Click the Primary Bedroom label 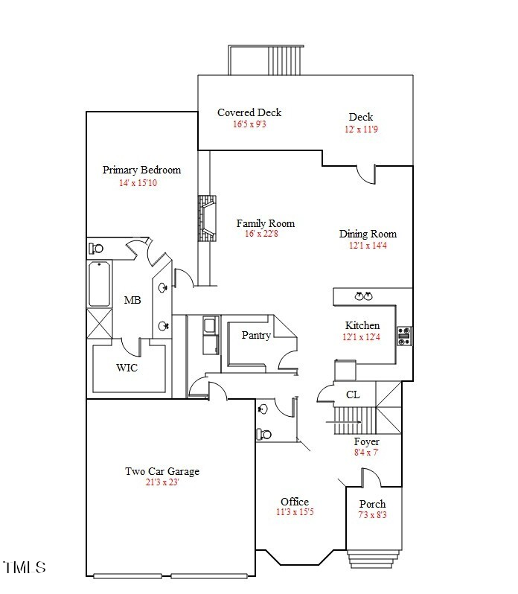pyautogui.click(x=141, y=170)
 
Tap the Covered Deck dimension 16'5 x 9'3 pyautogui.click(x=249, y=124)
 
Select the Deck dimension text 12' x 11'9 pyautogui.click(x=361, y=129)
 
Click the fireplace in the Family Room pyautogui.click(x=206, y=218)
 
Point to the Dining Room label pyautogui.click(x=368, y=234)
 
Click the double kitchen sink pyautogui.click(x=363, y=296)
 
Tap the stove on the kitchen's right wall pyautogui.click(x=404, y=336)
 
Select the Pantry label pyautogui.click(x=256, y=335)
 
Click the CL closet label pyautogui.click(x=353, y=395)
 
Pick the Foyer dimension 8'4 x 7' pyautogui.click(x=366, y=452)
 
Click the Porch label pyautogui.click(x=372, y=504)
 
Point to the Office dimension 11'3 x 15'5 pyautogui.click(x=295, y=512)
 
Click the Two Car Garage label pyautogui.click(x=162, y=471)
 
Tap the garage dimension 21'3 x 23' pyautogui.click(x=162, y=482)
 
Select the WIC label pyautogui.click(x=127, y=368)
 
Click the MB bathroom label pyautogui.click(x=132, y=300)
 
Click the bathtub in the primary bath pyautogui.click(x=99, y=284)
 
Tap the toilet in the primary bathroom pyautogui.click(x=96, y=249)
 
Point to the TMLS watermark pyautogui.click(x=25, y=567)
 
